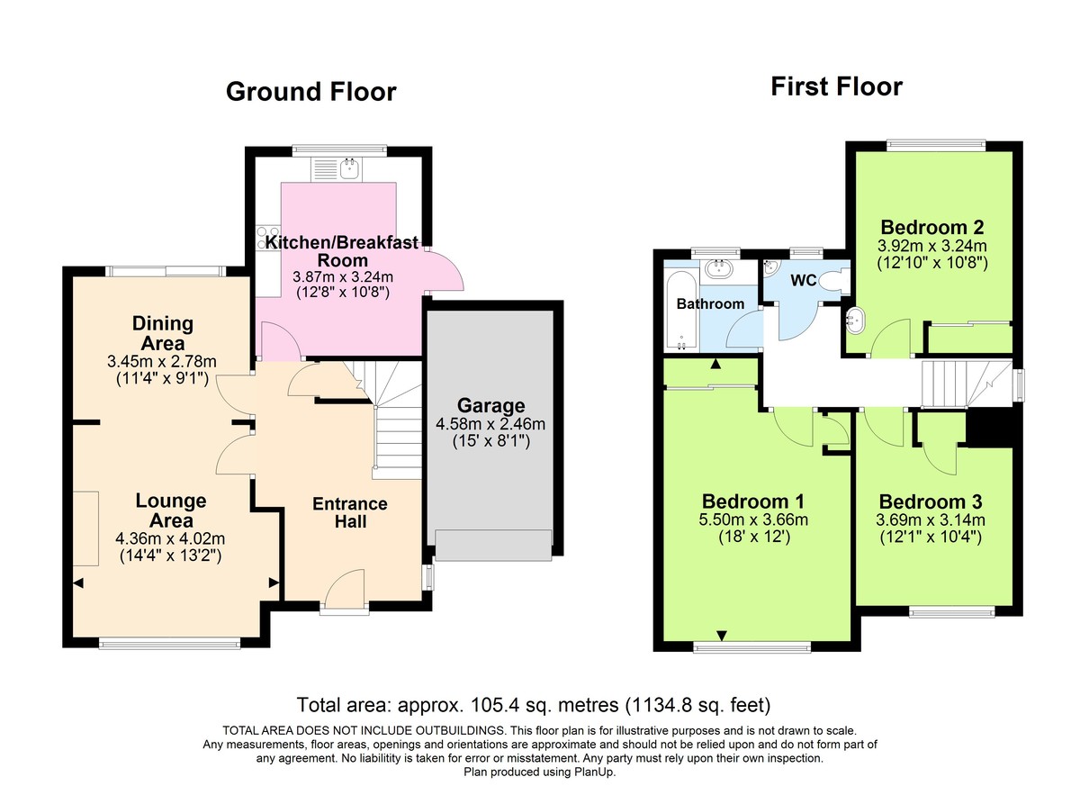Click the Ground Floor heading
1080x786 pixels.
(x=310, y=92)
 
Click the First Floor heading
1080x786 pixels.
(x=836, y=86)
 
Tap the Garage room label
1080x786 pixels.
(x=490, y=406)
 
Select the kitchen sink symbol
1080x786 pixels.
(x=349, y=167)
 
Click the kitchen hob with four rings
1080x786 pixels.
(x=268, y=237)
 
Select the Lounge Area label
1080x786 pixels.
(x=171, y=510)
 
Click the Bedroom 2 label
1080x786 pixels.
(x=931, y=227)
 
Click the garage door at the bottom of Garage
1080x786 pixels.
(x=492, y=546)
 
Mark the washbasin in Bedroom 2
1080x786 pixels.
(x=857, y=318)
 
